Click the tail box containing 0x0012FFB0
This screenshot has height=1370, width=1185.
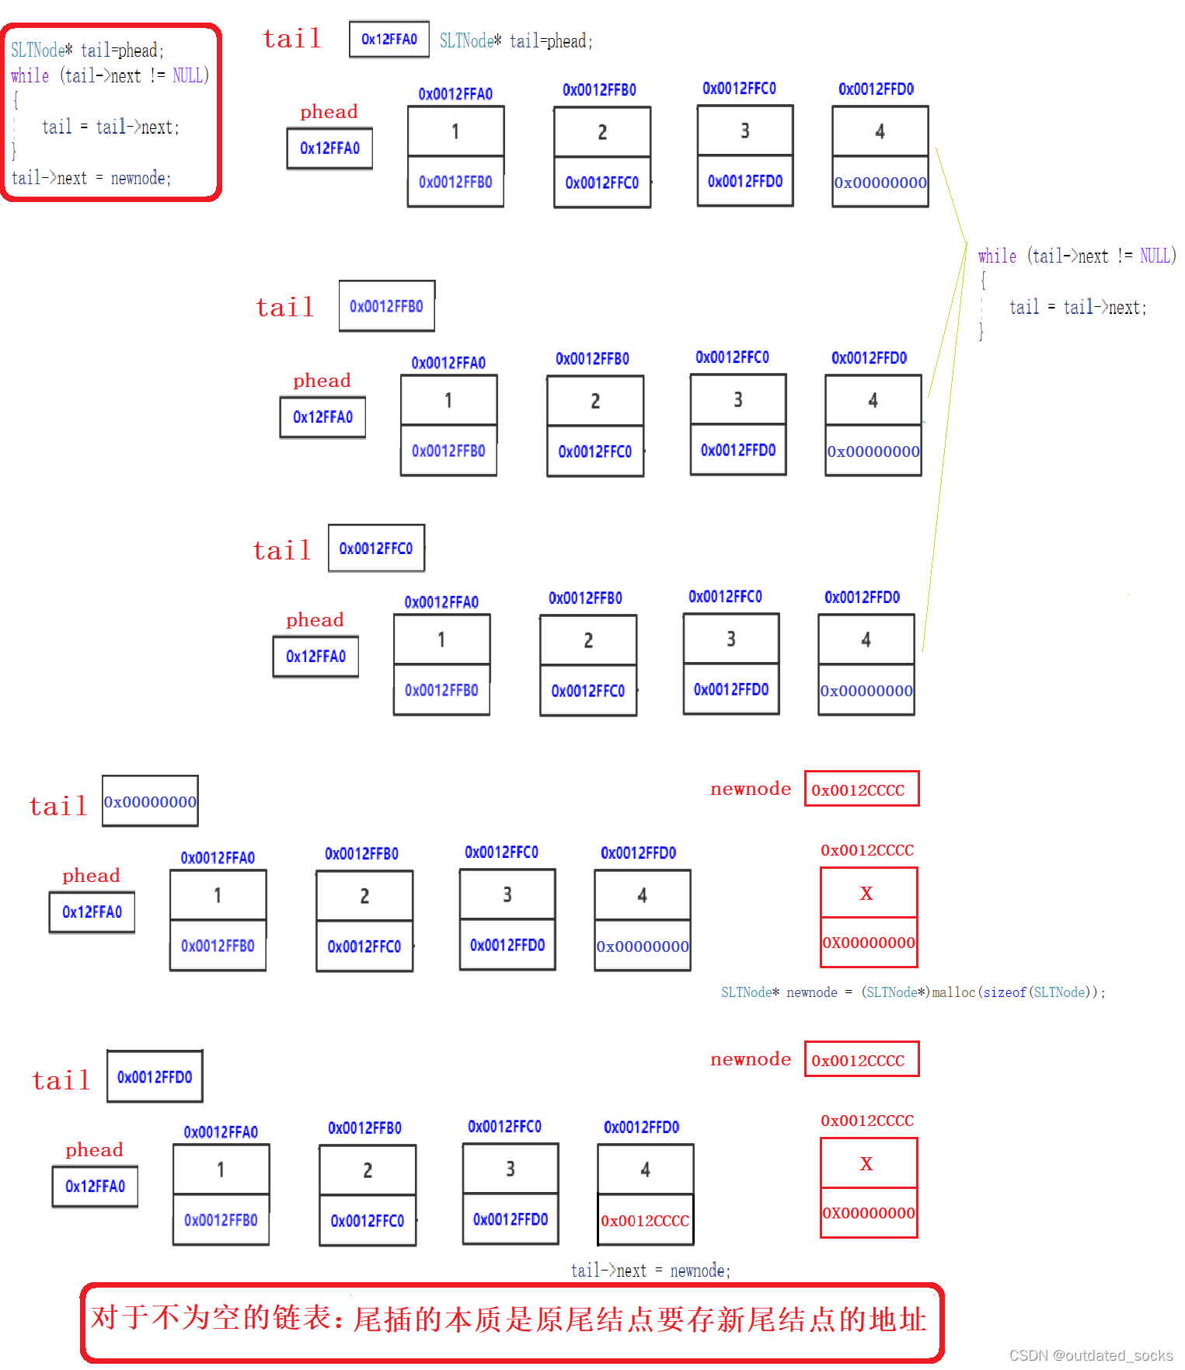coord(386,306)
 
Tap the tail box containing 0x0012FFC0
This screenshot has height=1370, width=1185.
coord(376,549)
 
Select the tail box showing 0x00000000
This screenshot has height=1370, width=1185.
coord(150,801)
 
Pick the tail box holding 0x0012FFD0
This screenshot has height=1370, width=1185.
coord(155,1077)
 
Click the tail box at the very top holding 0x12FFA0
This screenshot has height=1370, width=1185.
coord(389,40)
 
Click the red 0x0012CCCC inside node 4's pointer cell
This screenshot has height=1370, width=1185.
coord(645,1221)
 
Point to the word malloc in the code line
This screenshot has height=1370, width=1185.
coord(954,992)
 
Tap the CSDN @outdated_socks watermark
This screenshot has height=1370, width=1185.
coord(1090,1355)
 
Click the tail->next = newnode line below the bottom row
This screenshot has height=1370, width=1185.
coord(650,1271)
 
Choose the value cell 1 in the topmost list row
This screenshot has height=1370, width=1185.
coord(455,131)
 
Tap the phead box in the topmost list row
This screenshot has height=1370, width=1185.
coord(329,148)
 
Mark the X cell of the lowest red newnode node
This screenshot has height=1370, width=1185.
coord(868,1163)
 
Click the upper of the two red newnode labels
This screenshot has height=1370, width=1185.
coord(750,789)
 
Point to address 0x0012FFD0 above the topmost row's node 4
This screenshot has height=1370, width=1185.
coord(876,89)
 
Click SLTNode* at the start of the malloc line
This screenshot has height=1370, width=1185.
coord(749,992)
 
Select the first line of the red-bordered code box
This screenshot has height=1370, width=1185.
coord(87,51)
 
